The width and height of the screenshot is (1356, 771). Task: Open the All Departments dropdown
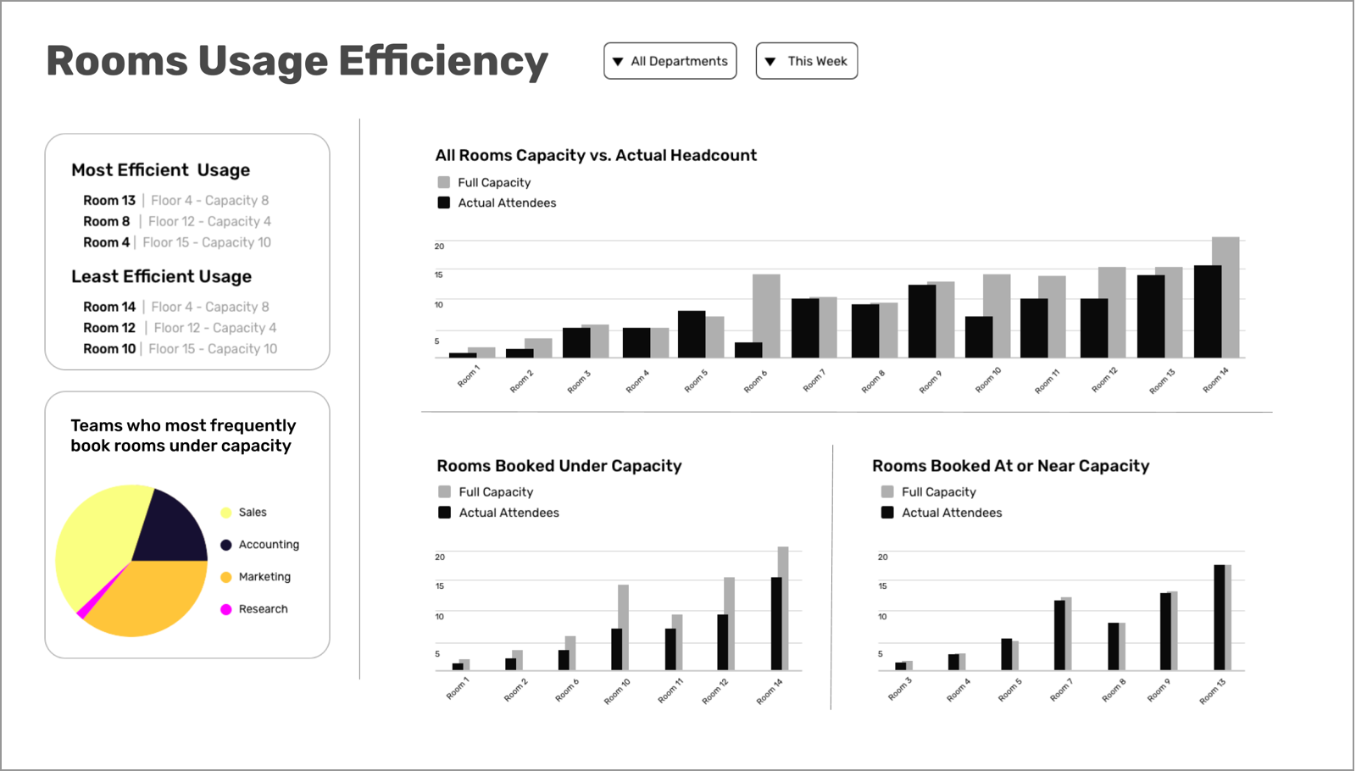click(x=670, y=61)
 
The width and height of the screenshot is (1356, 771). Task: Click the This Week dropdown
click(x=806, y=61)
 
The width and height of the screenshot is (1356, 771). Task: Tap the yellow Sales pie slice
click(x=93, y=542)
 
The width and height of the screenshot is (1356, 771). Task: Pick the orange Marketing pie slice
click(x=148, y=597)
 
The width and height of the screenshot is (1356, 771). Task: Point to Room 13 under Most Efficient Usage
click(x=109, y=201)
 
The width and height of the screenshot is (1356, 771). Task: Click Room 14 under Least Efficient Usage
click(x=109, y=307)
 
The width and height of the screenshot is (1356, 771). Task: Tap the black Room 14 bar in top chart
click(x=1207, y=312)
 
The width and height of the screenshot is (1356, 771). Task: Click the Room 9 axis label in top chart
click(x=930, y=382)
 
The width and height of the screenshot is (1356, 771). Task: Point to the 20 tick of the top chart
click(x=439, y=247)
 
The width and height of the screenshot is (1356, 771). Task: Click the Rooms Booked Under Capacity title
click(x=559, y=466)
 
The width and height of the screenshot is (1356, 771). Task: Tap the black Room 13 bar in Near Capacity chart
click(x=1219, y=618)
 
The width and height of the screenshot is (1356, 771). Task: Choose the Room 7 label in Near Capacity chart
click(x=1061, y=691)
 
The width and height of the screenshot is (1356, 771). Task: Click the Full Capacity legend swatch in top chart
click(x=444, y=182)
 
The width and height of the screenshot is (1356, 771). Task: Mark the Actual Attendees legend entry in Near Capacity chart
click(x=951, y=513)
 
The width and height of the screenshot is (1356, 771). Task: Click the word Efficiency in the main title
click(x=443, y=62)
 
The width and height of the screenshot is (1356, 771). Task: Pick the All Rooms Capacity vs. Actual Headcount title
click(x=596, y=155)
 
